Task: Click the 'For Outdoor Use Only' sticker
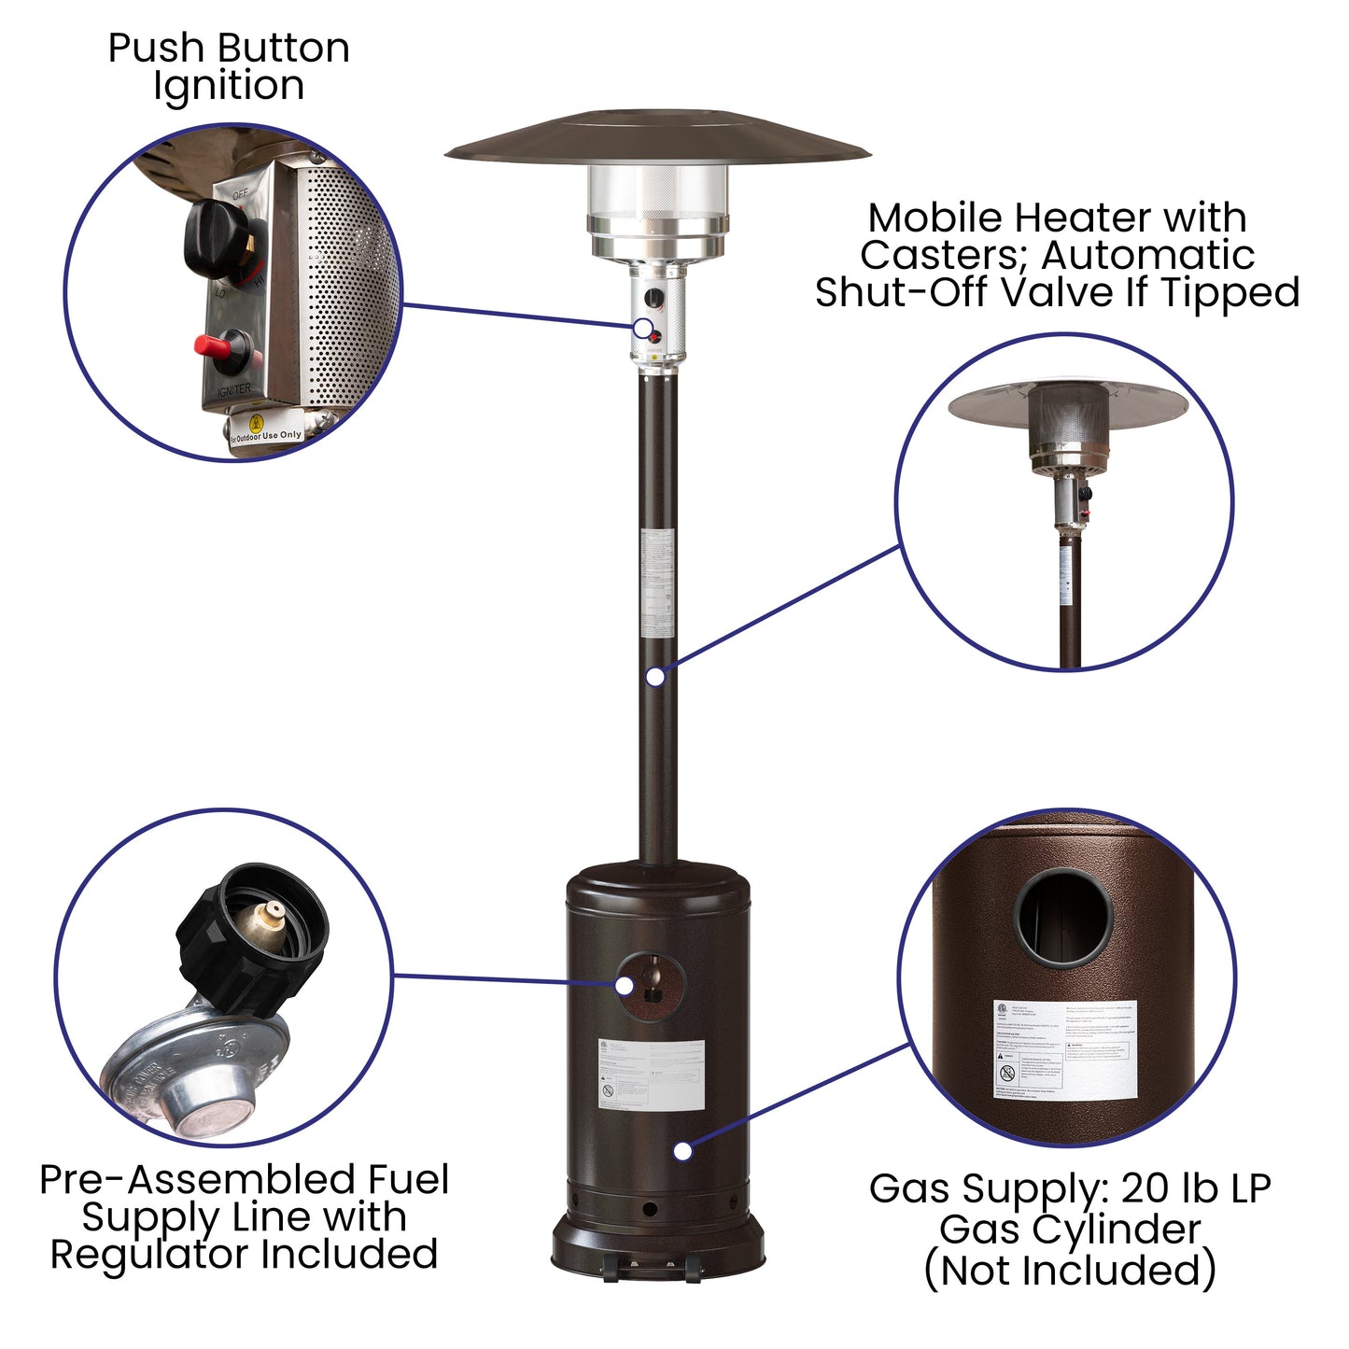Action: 267,434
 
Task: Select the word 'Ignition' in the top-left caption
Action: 229,86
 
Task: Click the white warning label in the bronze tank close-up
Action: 1065,1049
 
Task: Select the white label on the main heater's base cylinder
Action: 651,1073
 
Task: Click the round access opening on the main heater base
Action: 653,986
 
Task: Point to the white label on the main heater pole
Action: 657,583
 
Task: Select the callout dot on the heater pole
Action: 656,676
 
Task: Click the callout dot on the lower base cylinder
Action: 682,1151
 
